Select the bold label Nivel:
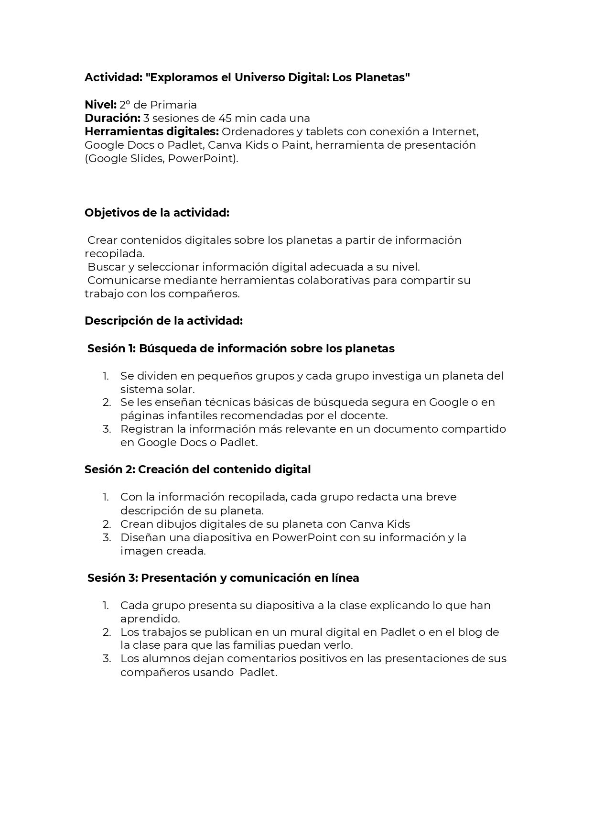pyautogui.click(x=100, y=105)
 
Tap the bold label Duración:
pyautogui.click(x=112, y=118)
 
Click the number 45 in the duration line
pyautogui.click(x=225, y=118)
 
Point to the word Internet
pyautogui.click(x=455, y=131)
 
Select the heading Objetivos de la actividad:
pyautogui.click(x=157, y=213)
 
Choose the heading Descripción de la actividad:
pyautogui.click(x=163, y=321)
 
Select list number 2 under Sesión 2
pyautogui.click(x=107, y=524)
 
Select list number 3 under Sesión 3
pyautogui.click(x=107, y=659)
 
